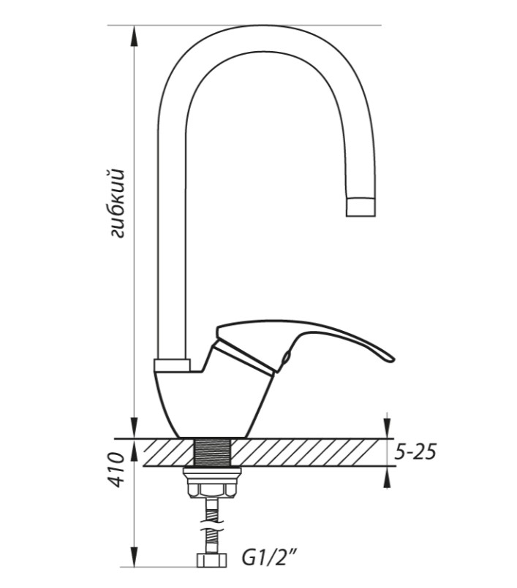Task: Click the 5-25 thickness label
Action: (x=415, y=453)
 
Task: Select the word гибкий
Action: (x=117, y=204)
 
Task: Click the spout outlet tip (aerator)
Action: (x=361, y=207)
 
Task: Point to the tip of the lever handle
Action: (x=393, y=359)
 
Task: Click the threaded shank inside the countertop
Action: (x=213, y=452)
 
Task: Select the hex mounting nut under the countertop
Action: (x=212, y=490)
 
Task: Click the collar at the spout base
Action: (x=172, y=365)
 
